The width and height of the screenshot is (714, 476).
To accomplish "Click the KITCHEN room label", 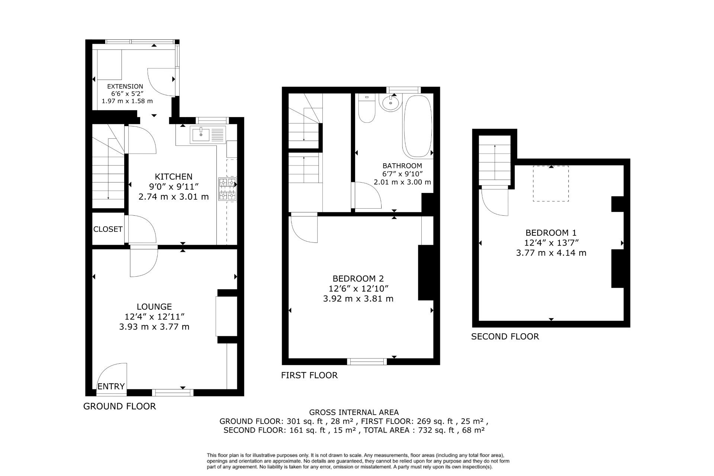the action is pos(174,177).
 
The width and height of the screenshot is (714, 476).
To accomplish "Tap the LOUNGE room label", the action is pos(154,307).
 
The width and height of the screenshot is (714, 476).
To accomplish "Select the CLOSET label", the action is pos(108,229).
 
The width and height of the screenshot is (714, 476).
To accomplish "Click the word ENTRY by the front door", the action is pos(111,386).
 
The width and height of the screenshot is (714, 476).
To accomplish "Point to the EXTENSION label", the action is pos(125,86).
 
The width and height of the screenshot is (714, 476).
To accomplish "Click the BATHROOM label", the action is pos(402,166).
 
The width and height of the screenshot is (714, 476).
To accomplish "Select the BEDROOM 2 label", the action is pos(358,279).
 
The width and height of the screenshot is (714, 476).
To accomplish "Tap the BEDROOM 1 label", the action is pos(551,233).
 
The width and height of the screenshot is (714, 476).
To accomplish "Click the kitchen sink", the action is pos(208,135).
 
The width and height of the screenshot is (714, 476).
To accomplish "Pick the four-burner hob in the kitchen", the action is pos(228,190).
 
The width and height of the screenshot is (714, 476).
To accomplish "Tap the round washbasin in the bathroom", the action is pos(390,102).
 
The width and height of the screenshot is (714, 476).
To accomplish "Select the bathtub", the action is pos(418,126).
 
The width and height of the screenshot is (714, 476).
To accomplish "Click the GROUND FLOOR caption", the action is pos(119,406).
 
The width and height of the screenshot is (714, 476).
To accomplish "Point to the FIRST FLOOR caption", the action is pos(309,375).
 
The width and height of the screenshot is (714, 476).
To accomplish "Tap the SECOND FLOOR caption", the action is pos(505,337).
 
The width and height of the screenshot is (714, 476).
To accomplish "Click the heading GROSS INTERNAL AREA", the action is pos(354,412).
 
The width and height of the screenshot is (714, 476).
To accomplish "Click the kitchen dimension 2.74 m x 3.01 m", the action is pos(174,197).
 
